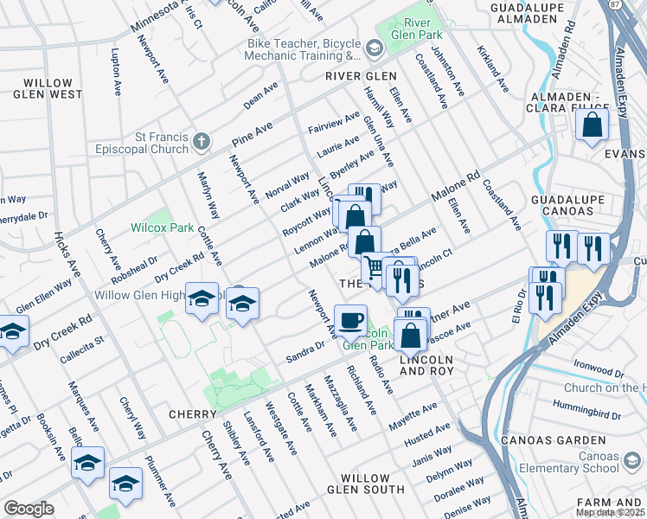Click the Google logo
[28, 509]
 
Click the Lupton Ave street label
[115, 71]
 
